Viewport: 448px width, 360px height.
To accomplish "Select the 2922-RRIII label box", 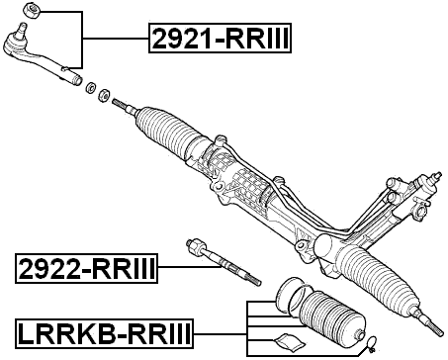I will point(87,266).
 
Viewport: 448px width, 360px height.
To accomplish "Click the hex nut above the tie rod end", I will point(34,12).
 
